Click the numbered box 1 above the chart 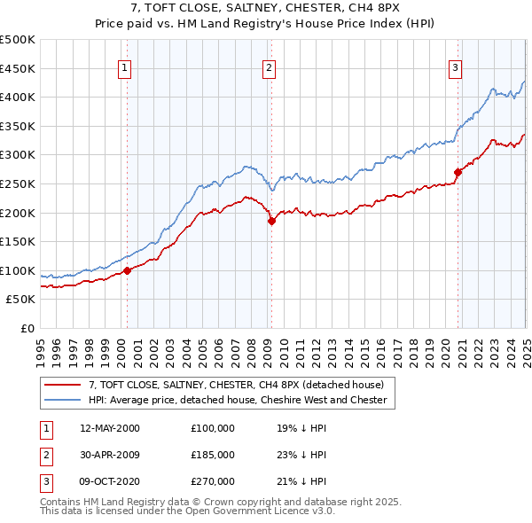pyautogui.click(x=124, y=67)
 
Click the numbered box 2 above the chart pyautogui.click(x=269, y=67)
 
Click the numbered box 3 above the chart pyautogui.click(x=455, y=67)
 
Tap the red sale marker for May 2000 pyautogui.click(x=127, y=270)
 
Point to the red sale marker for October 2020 pyautogui.click(x=458, y=172)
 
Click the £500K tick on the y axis pyautogui.click(x=18, y=40)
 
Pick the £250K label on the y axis pyautogui.click(x=18, y=183)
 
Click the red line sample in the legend pyautogui.click(x=62, y=385)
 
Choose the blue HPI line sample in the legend pyautogui.click(x=62, y=400)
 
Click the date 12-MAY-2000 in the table pyautogui.click(x=110, y=428)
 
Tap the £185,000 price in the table pyautogui.click(x=213, y=455)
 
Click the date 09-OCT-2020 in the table pyautogui.click(x=110, y=481)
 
